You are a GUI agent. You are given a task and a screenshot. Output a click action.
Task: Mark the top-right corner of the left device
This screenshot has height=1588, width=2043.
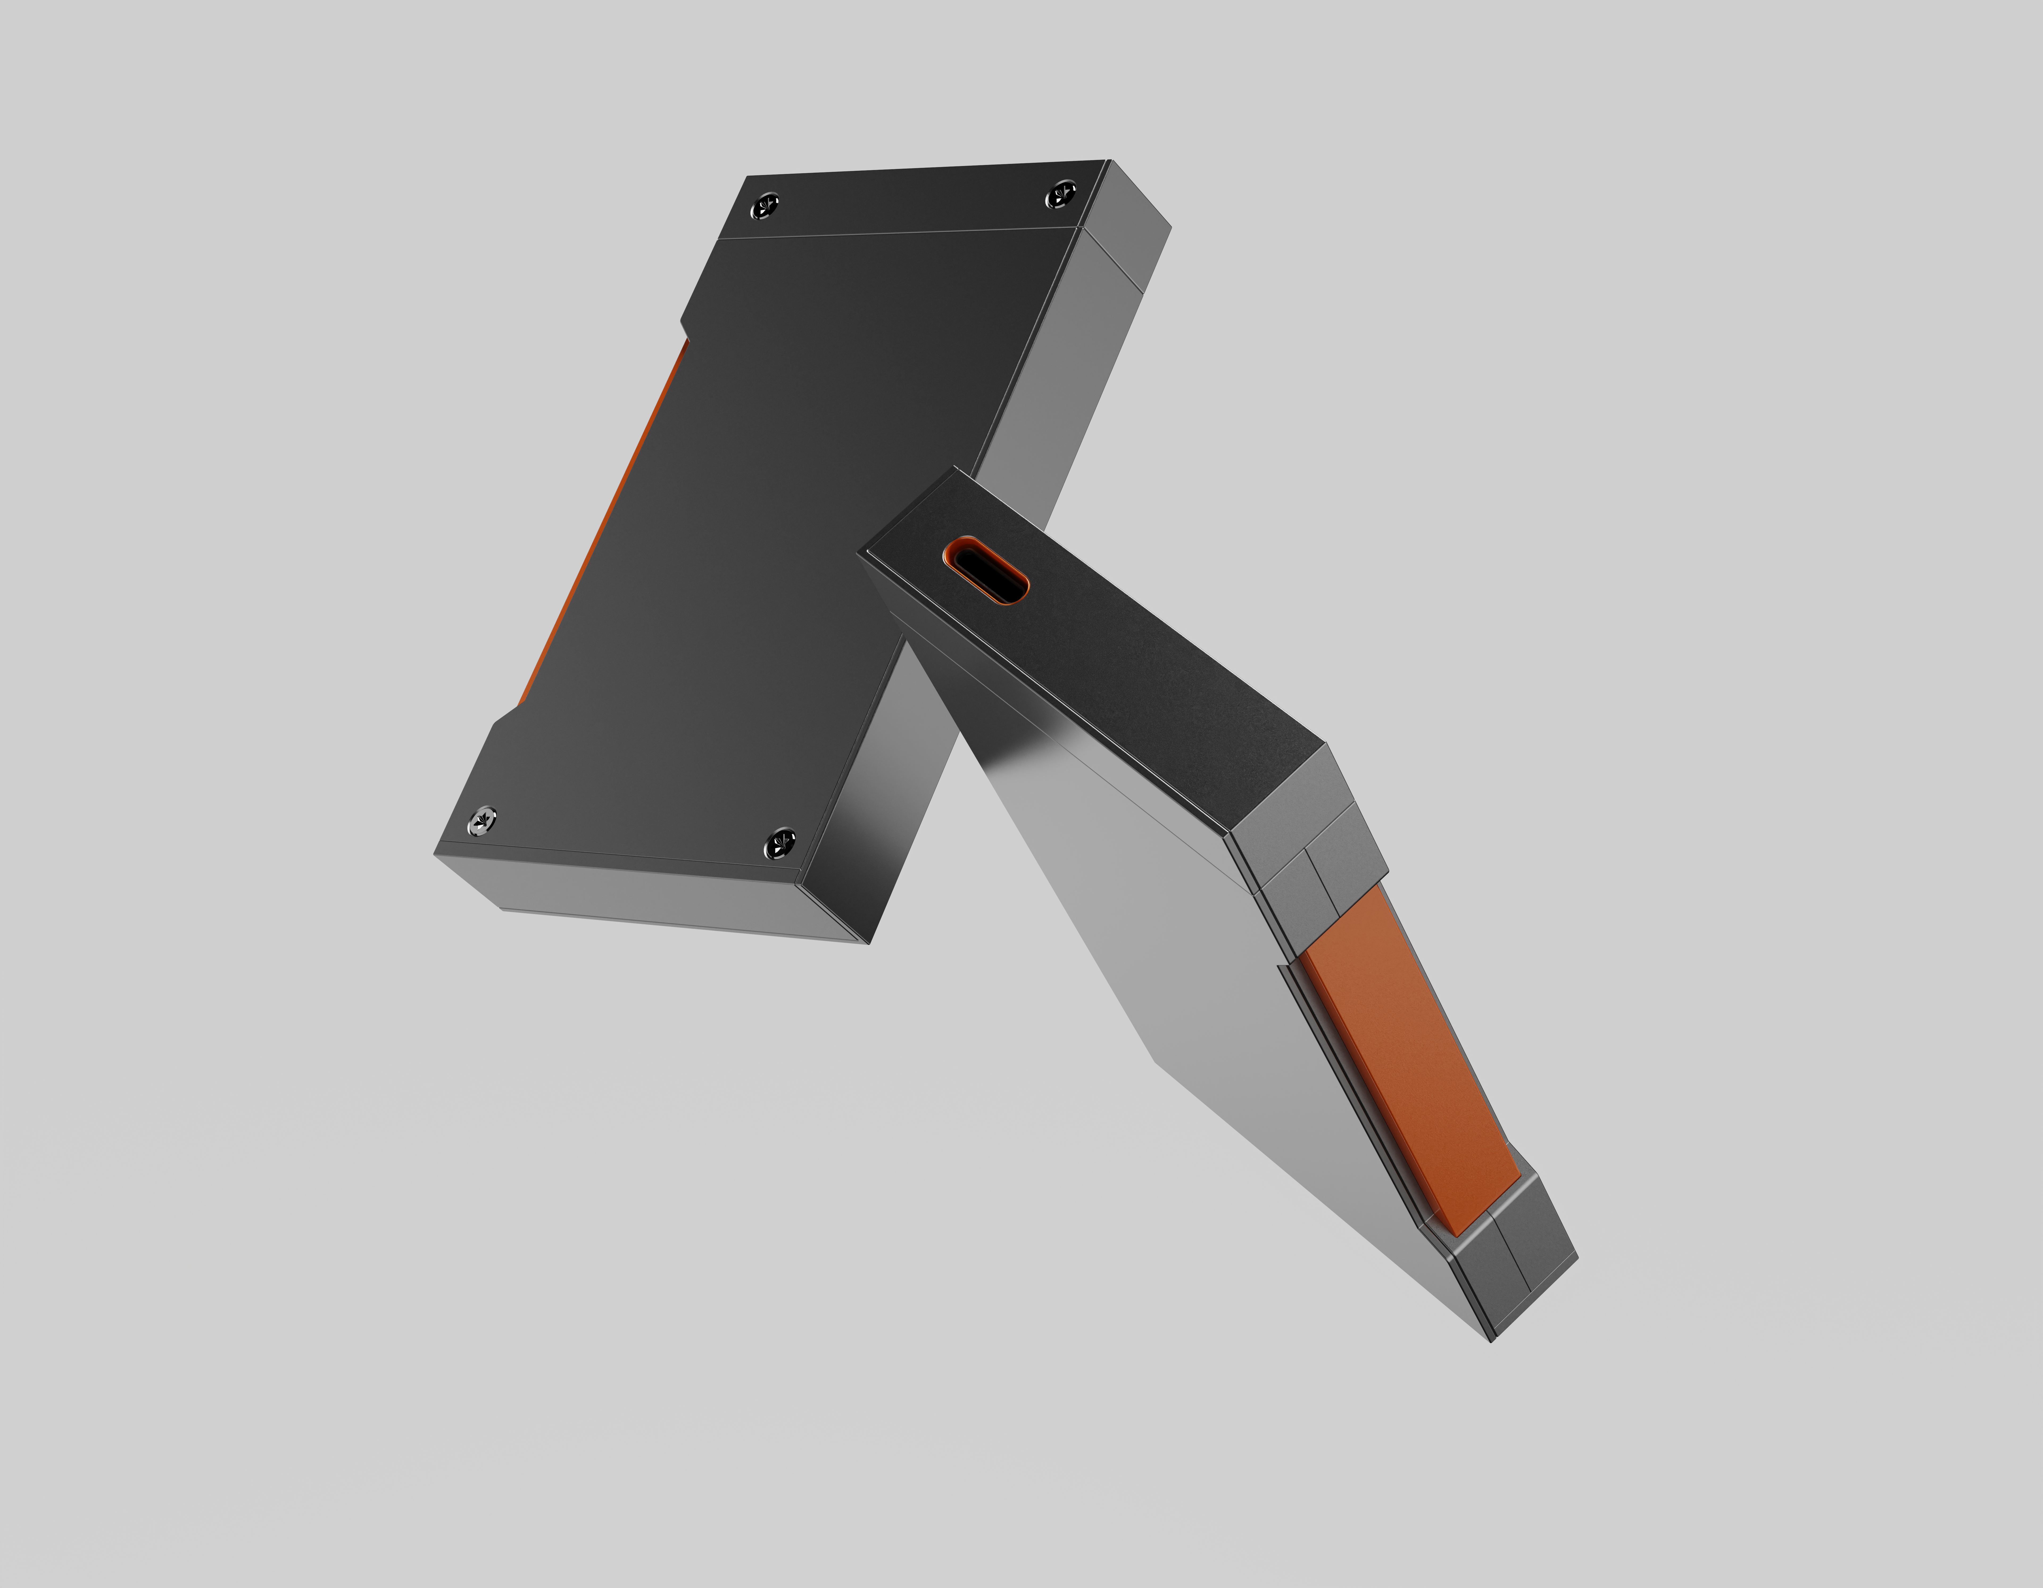click(x=1110, y=161)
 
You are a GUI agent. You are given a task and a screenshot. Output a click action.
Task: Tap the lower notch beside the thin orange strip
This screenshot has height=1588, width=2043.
click(x=505, y=716)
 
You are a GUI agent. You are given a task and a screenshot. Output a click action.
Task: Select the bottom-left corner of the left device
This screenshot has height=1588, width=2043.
click(x=436, y=853)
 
